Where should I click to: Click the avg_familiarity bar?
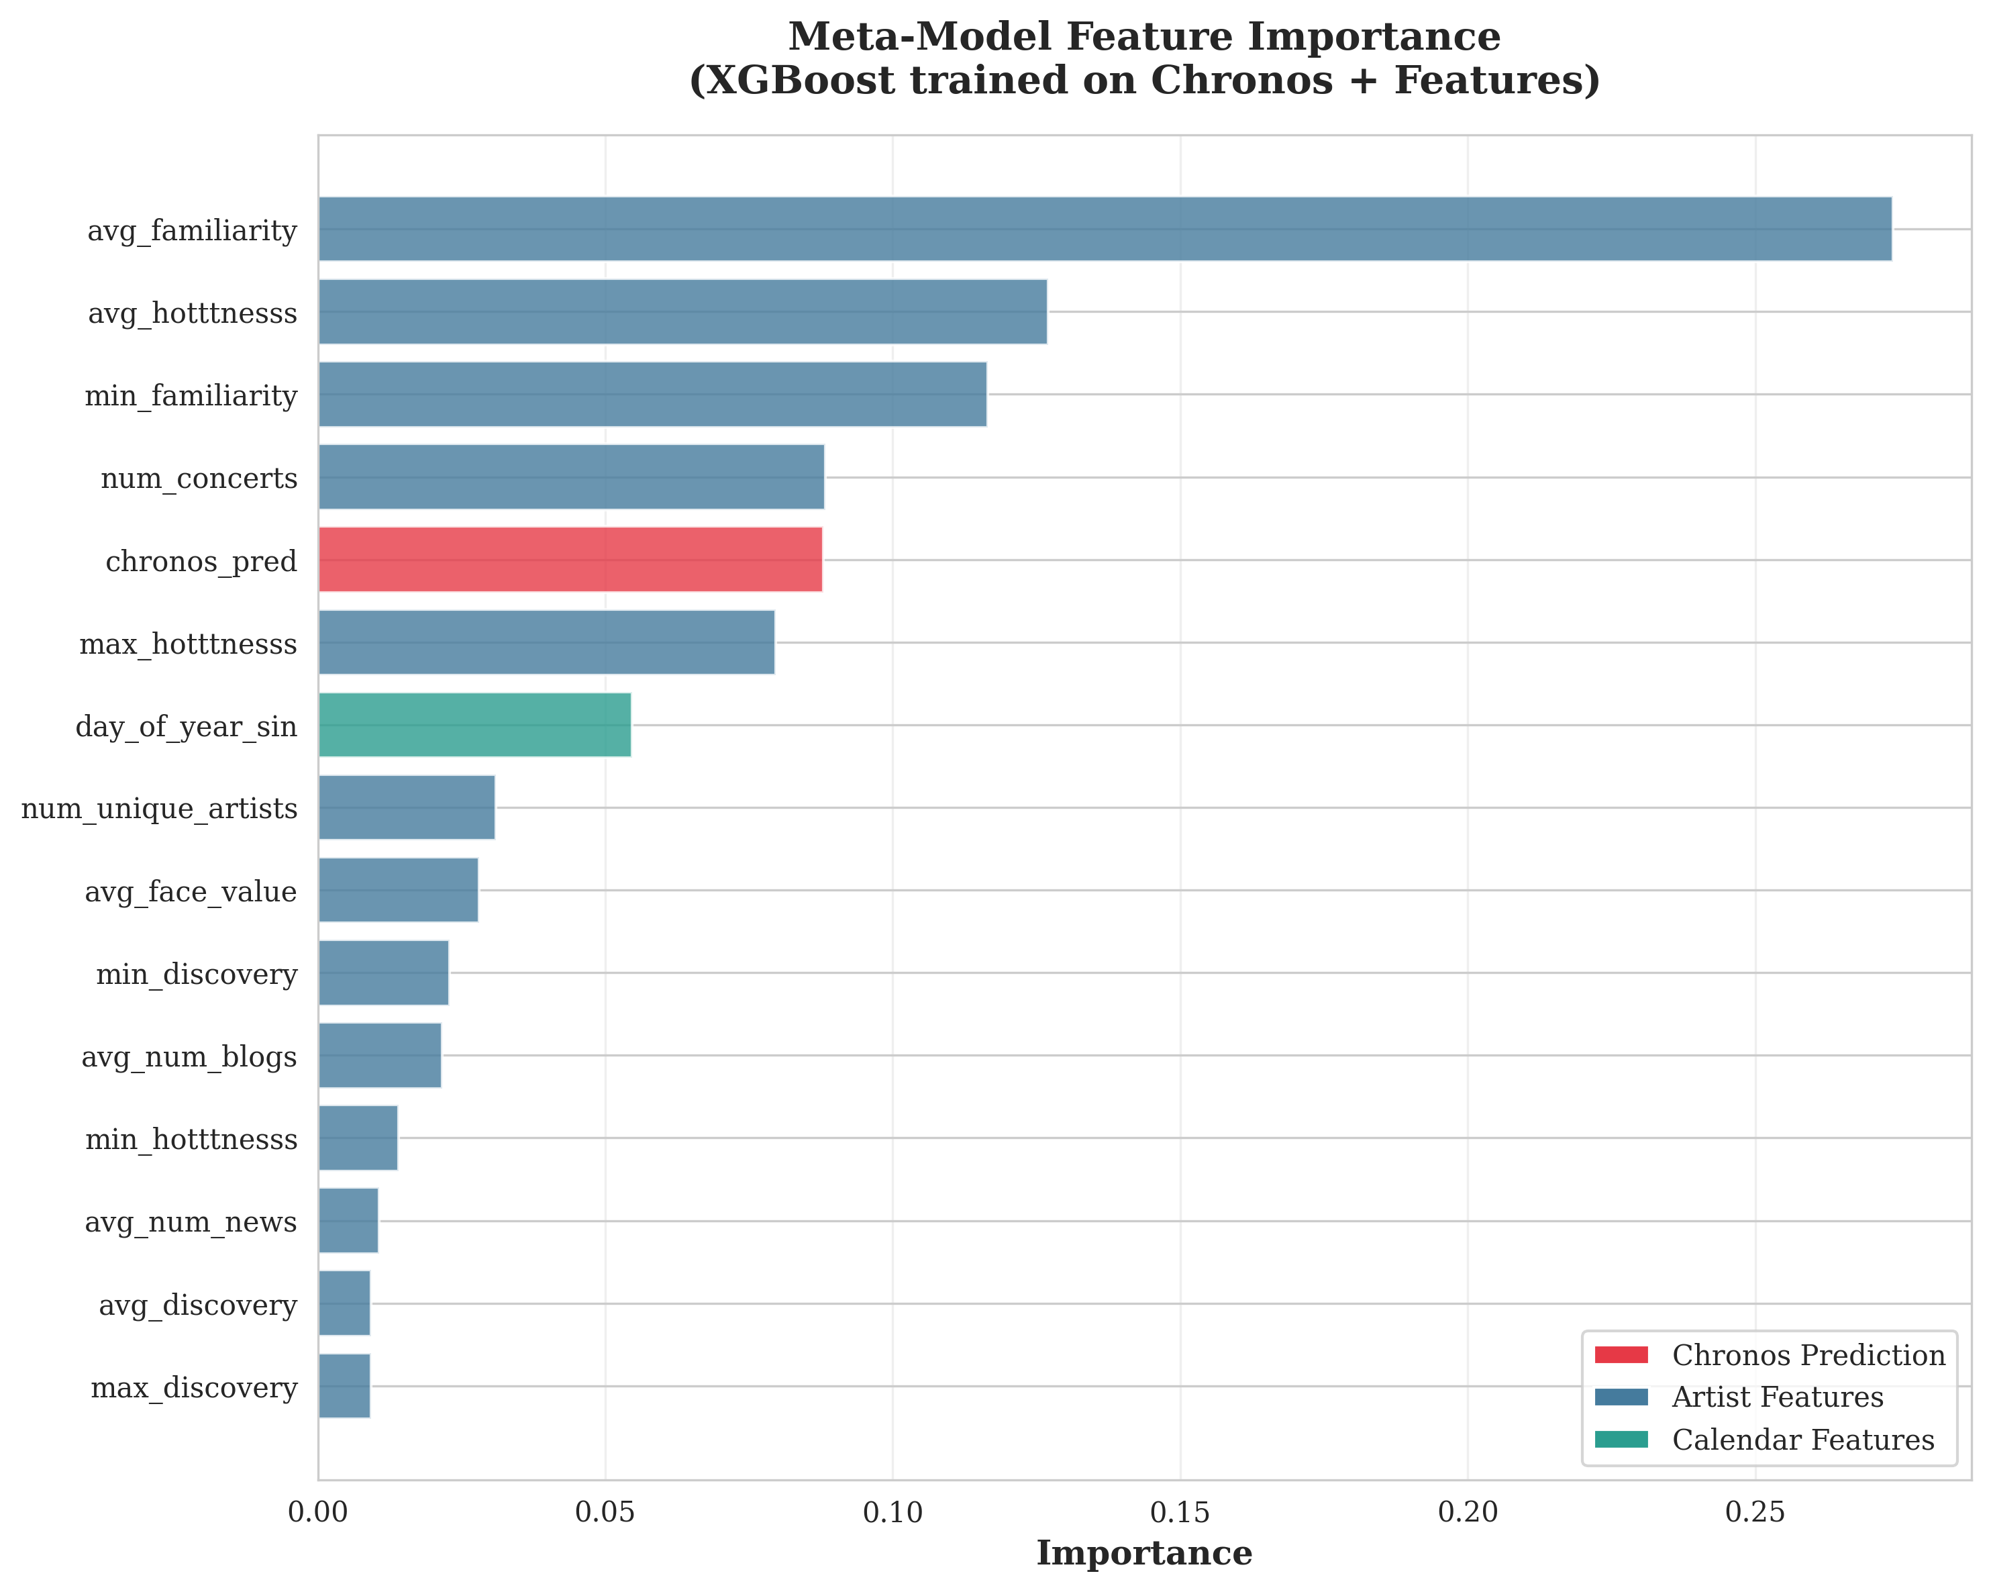click(x=1105, y=229)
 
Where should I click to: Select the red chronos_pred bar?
click(x=570, y=560)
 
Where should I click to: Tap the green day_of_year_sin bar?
click(x=474, y=725)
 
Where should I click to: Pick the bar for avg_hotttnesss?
click(x=682, y=312)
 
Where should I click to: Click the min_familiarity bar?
click(x=652, y=394)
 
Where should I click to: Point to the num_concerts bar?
click(x=570, y=477)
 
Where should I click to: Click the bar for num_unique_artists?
click(x=407, y=807)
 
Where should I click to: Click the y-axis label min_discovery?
click(x=196, y=975)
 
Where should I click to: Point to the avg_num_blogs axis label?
click(x=189, y=1056)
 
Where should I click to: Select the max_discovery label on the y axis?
click(x=193, y=1387)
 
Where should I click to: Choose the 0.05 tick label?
click(x=605, y=1513)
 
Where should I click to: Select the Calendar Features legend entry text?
click(x=1802, y=1440)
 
